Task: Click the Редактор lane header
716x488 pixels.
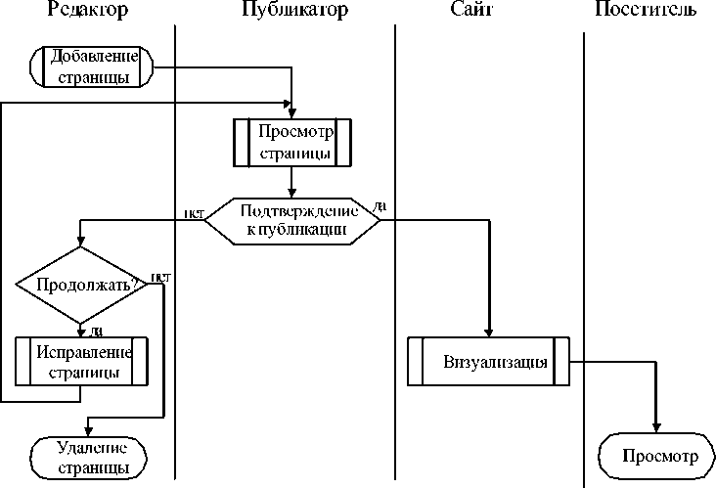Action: [x=87, y=10]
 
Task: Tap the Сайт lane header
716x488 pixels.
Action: [x=472, y=10]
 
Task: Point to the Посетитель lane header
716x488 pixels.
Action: [x=646, y=10]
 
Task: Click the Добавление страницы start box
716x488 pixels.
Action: [x=93, y=65]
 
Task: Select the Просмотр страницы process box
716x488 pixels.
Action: [x=291, y=142]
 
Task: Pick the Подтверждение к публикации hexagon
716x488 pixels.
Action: [x=292, y=220]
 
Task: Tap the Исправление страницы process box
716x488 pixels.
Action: [x=82, y=361]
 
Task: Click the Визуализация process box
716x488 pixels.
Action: [x=488, y=361]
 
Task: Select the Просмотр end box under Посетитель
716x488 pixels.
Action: [x=654, y=457]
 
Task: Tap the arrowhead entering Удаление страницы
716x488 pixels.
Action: [x=88, y=431]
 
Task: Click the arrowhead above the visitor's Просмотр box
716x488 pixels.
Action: [x=654, y=427]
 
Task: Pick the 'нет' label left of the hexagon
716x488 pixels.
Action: [x=193, y=212]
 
